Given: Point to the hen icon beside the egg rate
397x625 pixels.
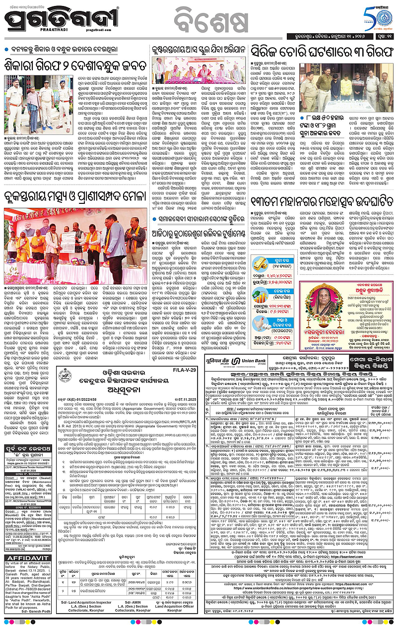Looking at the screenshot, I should [x=260, y=322].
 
